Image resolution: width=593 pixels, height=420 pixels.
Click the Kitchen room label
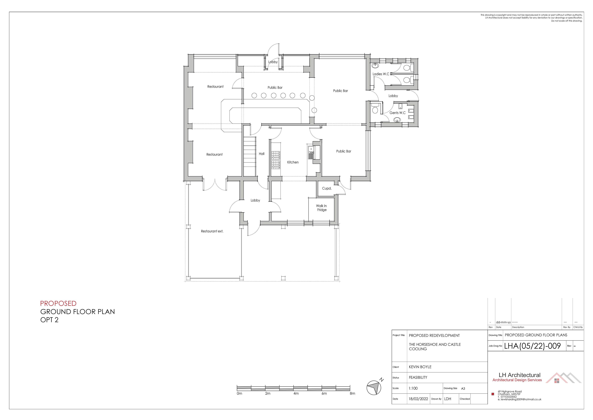click(293, 162)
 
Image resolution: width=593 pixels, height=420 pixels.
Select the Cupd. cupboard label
click(327, 188)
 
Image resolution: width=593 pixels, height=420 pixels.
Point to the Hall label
click(261, 154)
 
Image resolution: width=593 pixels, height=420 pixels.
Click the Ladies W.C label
click(381, 74)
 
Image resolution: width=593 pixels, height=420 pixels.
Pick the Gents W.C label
click(397, 113)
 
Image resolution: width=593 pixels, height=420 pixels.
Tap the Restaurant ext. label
click(212, 231)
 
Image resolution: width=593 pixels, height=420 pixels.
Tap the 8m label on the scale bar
click(352, 393)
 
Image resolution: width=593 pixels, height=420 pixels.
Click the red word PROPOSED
click(58, 303)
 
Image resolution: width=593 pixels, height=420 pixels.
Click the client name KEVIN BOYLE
click(420, 367)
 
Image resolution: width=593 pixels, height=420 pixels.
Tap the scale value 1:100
click(413, 388)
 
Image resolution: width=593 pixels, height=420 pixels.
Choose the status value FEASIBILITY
click(418, 377)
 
